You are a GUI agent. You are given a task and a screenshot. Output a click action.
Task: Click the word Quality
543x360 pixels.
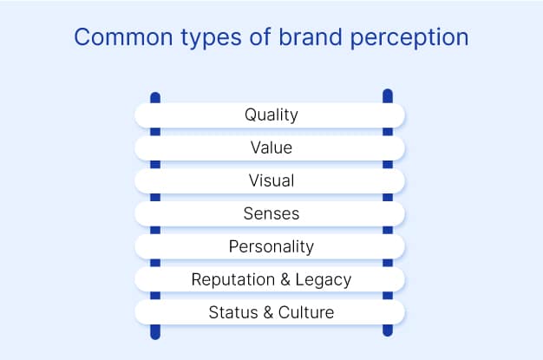tap(271, 115)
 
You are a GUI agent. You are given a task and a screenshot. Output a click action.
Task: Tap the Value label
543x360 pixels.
tap(271, 147)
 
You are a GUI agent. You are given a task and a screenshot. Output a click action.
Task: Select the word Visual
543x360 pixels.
tap(271, 180)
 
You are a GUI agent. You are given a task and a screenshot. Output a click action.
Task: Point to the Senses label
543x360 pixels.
tap(271, 213)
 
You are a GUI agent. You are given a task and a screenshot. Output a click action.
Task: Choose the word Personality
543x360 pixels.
tap(271, 247)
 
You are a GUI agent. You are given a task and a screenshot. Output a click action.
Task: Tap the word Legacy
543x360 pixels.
tap(323, 279)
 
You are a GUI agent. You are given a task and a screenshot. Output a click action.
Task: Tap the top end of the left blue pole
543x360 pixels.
tap(154, 95)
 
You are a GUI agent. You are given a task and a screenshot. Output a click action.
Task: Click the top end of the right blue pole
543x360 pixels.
tap(387, 92)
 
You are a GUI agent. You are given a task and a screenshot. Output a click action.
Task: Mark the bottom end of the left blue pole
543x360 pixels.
tap(154, 335)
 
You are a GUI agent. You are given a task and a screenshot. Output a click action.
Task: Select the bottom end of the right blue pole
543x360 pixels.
tap(387, 332)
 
